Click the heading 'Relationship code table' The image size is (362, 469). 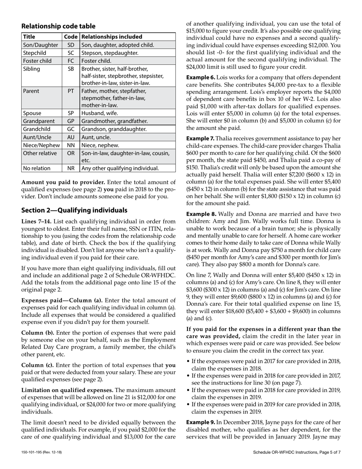pyautogui.click(x=58, y=26)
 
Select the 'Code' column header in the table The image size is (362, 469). pyautogui.click(x=71, y=37)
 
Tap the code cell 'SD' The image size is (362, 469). pyautogui.click(x=71, y=45)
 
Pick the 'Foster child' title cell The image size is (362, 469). pyautogui.click(x=35, y=61)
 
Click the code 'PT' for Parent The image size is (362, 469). pyautogui.click(x=71, y=91)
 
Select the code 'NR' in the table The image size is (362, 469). pyautogui.click(x=71, y=168)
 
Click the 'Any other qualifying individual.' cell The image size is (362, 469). pyautogui.click(x=120, y=168)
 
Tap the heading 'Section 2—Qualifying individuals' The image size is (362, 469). pyautogui.click(x=74, y=210)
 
